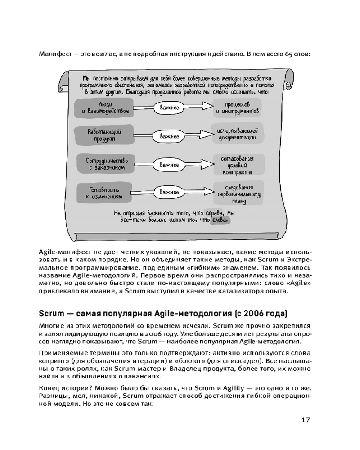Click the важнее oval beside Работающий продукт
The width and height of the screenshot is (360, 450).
(x=169, y=135)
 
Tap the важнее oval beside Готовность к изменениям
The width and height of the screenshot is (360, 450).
(x=169, y=192)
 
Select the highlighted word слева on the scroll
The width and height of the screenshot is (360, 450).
(x=220, y=220)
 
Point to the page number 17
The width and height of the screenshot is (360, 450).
(x=306, y=420)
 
